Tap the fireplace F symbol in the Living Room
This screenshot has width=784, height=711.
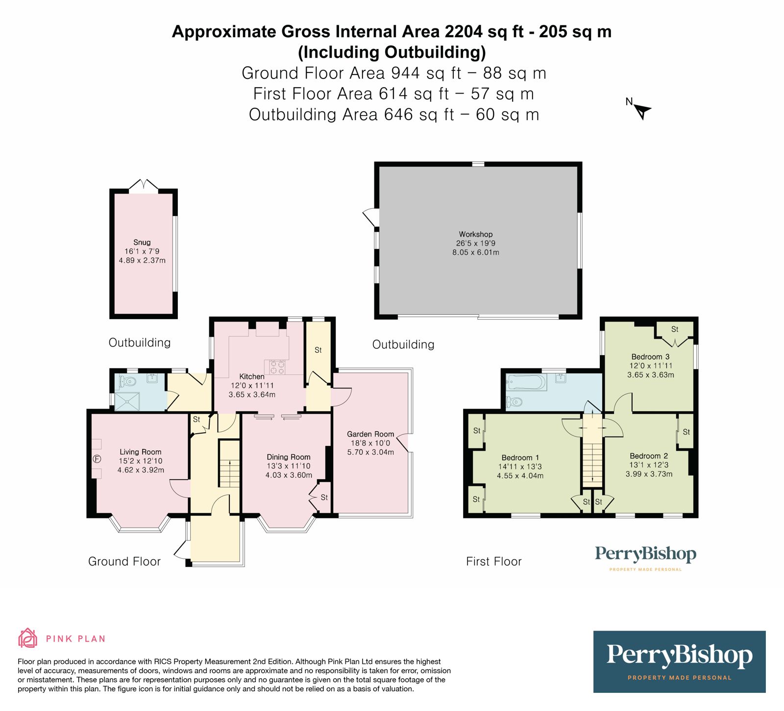[x=97, y=459]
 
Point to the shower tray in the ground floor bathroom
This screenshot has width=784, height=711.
[x=128, y=400]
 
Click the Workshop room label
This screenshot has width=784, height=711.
[x=475, y=234]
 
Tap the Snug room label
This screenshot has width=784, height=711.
[x=142, y=242]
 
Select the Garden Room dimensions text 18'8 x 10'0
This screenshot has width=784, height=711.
[x=370, y=443]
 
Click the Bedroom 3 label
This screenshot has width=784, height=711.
[x=650, y=357]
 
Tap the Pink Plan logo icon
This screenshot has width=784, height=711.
[x=27, y=638]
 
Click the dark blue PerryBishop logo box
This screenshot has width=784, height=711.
[x=679, y=662]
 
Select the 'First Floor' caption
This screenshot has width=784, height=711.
[x=493, y=562]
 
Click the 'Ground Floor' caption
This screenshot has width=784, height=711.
[x=124, y=562]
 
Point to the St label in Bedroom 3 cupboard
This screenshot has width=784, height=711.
[x=675, y=329]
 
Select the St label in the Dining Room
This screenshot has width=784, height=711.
[x=324, y=497]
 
